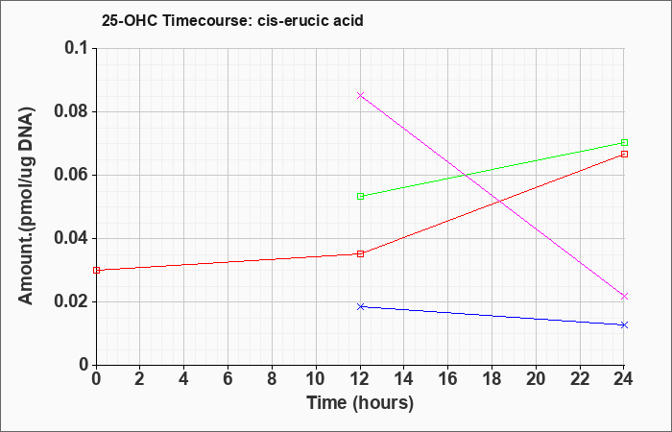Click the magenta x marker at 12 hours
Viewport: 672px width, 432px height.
pyautogui.click(x=360, y=95)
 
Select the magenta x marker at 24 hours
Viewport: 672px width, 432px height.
pyautogui.click(x=624, y=296)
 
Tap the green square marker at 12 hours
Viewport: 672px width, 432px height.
pyautogui.click(x=360, y=196)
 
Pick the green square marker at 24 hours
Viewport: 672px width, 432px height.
pyautogui.click(x=624, y=142)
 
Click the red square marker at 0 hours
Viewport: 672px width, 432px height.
pyautogui.click(x=96, y=270)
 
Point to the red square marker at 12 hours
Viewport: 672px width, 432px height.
pyautogui.click(x=360, y=253)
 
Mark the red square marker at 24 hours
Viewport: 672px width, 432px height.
pyautogui.click(x=624, y=154)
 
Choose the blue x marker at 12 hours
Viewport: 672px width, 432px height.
pyautogui.click(x=360, y=306)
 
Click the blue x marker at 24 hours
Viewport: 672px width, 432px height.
pyautogui.click(x=624, y=324)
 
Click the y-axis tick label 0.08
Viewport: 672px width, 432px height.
pyautogui.click(x=72, y=112)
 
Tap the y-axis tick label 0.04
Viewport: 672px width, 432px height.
pyautogui.click(x=72, y=238)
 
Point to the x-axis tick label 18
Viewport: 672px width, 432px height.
pyautogui.click(x=492, y=379)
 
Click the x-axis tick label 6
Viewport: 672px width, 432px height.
pyautogui.click(x=228, y=379)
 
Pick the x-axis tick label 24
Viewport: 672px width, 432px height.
pyautogui.click(x=624, y=379)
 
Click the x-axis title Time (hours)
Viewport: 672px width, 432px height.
pyautogui.click(x=360, y=403)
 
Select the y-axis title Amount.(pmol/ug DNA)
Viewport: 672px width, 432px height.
pyautogui.click(x=26, y=206)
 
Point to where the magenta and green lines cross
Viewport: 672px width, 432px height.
pyautogui.click(x=465, y=175)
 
